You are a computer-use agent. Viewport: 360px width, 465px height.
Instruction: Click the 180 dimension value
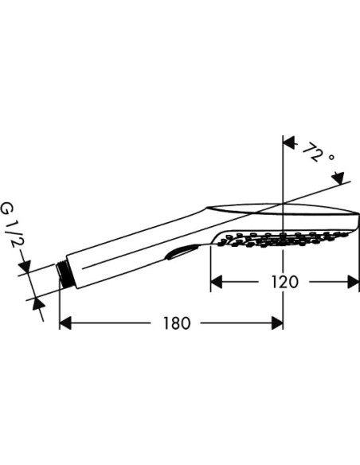click(176, 323)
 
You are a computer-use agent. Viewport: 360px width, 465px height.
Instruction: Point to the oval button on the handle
click(180, 253)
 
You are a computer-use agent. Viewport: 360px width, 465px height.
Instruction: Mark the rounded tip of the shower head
click(354, 220)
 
